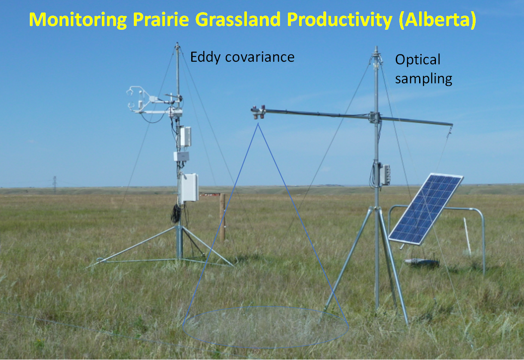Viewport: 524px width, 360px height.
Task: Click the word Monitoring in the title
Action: (78, 20)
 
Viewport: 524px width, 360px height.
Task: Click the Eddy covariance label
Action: (242, 57)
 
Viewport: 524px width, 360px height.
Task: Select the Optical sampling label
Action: (423, 69)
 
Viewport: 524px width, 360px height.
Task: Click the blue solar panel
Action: (425, 208)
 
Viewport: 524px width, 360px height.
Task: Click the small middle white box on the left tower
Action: (181, 156)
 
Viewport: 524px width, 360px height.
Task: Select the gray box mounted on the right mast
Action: (385, 175)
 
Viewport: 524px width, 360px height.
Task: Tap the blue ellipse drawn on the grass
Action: (265, 327)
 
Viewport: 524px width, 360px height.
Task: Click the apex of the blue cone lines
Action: (258, 124)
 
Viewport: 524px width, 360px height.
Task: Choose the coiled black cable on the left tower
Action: (176, 213)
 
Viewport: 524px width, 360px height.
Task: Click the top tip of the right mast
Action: (376, 47)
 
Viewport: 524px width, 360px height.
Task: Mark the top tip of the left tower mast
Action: (177, 44)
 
